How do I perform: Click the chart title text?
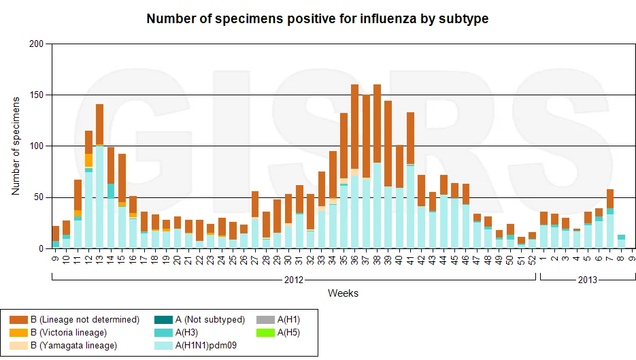tap(317, 18)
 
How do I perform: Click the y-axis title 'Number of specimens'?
tap(16, 146)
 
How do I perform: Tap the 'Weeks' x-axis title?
tap(343, 293)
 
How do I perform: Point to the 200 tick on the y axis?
tap(36, 44)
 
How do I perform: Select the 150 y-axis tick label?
tap(36, 95)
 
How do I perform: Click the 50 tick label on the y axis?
tap(39, 197)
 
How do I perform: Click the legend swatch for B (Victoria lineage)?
tap(18, 333)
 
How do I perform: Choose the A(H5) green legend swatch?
tap(266, 333)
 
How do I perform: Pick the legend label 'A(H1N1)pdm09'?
tap(205, 346)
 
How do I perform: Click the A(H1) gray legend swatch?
tap(266, 320)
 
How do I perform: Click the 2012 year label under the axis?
tap(294, 280)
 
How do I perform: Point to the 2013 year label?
tap(587, 280)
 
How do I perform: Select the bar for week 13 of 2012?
tap(99, 176)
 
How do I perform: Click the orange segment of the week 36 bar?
tap(354, 127)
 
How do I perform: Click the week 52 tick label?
tap(532, 260)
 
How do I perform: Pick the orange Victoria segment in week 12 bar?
tap(88, 161)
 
